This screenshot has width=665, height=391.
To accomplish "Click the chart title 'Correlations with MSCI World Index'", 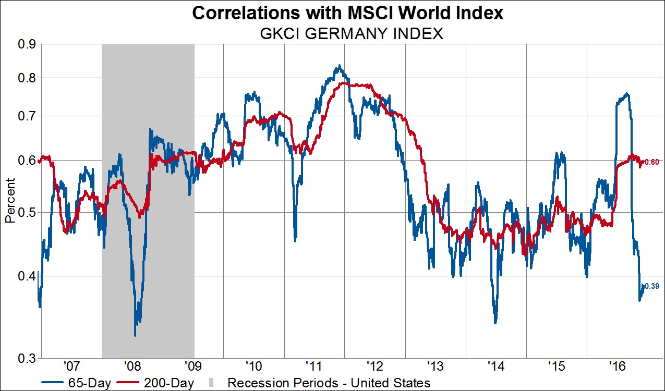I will [348, 13].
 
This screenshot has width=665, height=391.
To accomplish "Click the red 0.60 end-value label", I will [652, 162].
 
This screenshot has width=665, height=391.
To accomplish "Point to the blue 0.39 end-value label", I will [652, 286].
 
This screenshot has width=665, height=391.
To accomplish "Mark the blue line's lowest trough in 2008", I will [135, 335].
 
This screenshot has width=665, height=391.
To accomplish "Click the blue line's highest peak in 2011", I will [340, 66].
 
